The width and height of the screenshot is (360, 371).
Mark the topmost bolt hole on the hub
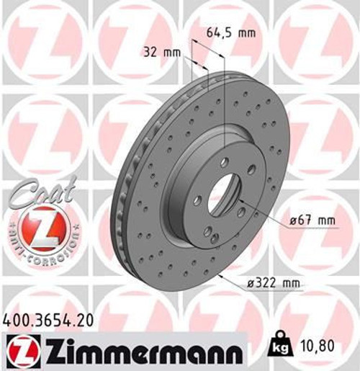coord(224,162)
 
